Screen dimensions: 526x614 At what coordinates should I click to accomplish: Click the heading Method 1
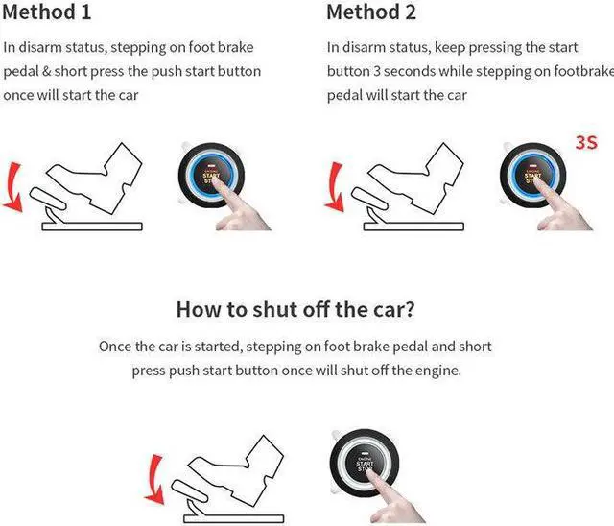[x=47, y=12]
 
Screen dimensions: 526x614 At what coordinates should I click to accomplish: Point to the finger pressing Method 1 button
[x=235, y=209]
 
